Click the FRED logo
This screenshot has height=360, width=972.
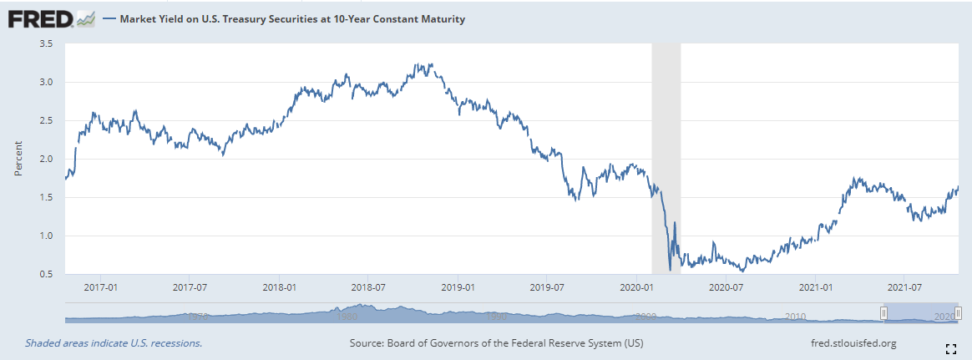[50, 18]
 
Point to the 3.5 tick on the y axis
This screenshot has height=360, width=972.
[46, 43]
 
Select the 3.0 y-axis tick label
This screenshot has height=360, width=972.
[46, 82]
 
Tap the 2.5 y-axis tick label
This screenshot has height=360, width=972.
[46, 120]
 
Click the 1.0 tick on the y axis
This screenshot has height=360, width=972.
[46, 236]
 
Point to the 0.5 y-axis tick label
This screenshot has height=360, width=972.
[46, 274]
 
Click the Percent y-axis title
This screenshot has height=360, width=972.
[18, 159]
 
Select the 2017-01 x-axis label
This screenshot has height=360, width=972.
[100, 287]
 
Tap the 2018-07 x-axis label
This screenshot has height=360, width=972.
[368, 287]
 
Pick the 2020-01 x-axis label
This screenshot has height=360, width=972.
[637, 287]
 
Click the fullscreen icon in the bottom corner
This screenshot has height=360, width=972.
[949, 347]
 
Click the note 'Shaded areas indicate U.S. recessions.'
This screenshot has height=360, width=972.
[114, 343]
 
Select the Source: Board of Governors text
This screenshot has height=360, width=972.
[496, 343]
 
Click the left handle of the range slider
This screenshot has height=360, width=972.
[883, 312]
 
